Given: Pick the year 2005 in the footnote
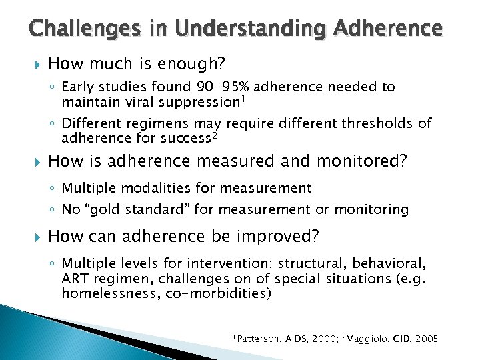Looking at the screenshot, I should pyautogui.click(x=425, y=339).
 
